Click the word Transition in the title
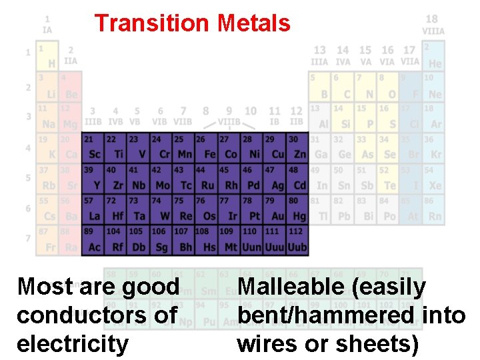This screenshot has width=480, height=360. point(152,23)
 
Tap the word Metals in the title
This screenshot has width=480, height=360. point(253,23)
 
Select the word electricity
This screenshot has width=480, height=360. point(72,344)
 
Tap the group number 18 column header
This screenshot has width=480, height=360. point(432,20)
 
